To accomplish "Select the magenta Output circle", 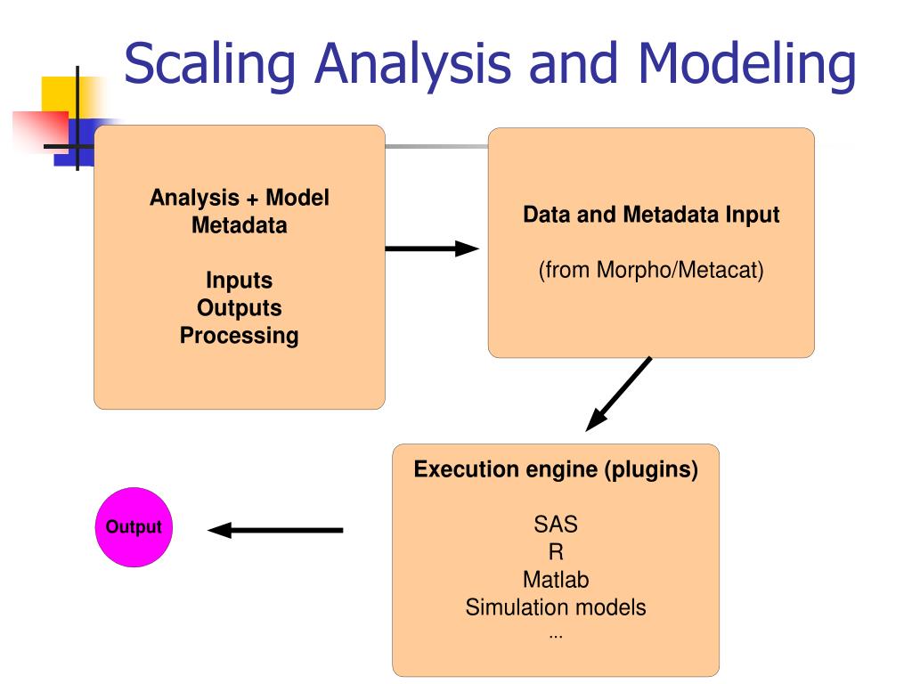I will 134,527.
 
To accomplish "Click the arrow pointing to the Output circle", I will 275,531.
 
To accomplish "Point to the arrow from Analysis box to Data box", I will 432,248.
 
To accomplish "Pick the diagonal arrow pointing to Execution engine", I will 619,394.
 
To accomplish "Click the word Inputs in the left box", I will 239,281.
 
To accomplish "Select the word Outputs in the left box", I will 239,308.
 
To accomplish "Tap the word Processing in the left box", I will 239,336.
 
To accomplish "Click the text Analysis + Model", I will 239,198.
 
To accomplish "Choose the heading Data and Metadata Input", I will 651,215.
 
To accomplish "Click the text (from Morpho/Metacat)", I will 651,269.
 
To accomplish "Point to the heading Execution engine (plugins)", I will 556,469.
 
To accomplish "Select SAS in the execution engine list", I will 556,524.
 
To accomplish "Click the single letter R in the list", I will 556,552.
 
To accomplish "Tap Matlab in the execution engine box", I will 556,580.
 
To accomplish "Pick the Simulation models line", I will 556,608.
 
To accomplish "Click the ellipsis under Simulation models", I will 556,634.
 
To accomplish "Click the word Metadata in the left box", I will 239,225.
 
